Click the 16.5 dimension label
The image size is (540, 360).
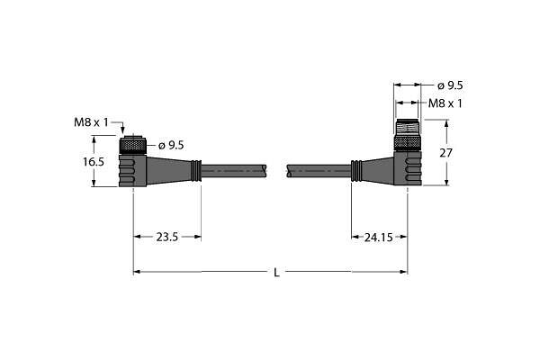[94, 161]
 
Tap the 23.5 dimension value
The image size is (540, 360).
[167, 237]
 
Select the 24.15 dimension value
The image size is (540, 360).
[379, 237]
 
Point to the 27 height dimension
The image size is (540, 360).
[445, 153]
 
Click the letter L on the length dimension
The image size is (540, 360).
[276, 273]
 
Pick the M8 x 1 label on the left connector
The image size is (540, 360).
[91, 122]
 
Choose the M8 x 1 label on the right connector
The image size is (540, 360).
[445, 103]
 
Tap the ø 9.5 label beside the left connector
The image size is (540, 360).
[171, 146]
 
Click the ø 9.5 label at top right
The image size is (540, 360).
[450, 85]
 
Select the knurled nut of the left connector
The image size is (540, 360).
[133, 146]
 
